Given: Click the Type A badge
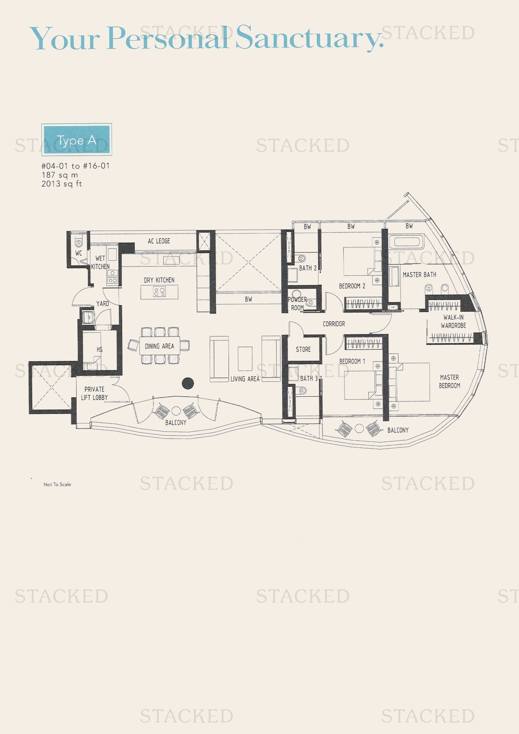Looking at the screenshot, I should tap(77, 140).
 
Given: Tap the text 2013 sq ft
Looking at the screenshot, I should tap(62, 184).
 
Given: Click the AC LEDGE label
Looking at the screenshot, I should tap(159, 241).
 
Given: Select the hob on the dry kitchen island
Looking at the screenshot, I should tap(159, 292).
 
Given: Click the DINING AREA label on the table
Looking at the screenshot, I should tap(159, 346).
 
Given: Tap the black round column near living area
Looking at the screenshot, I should tap(188, 382).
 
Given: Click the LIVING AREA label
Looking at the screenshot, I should tap(245, 379).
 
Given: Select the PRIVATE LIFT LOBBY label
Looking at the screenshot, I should tap(95, 393).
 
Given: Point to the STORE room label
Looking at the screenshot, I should tap(303, 349).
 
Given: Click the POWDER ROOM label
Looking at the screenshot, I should tap(297, 303).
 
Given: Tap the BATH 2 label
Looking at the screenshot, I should tap(308, 268).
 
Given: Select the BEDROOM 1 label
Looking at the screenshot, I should tap(352, 361).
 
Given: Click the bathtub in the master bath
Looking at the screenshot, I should tap(406, 242).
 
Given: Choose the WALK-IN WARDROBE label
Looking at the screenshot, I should tap(453, 321).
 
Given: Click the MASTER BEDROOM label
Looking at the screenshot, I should tap(449, 381).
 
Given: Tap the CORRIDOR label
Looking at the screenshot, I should tap(334, 323).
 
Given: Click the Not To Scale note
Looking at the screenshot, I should tap(57, 484).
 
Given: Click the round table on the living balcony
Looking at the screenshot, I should tap(176, 411).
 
